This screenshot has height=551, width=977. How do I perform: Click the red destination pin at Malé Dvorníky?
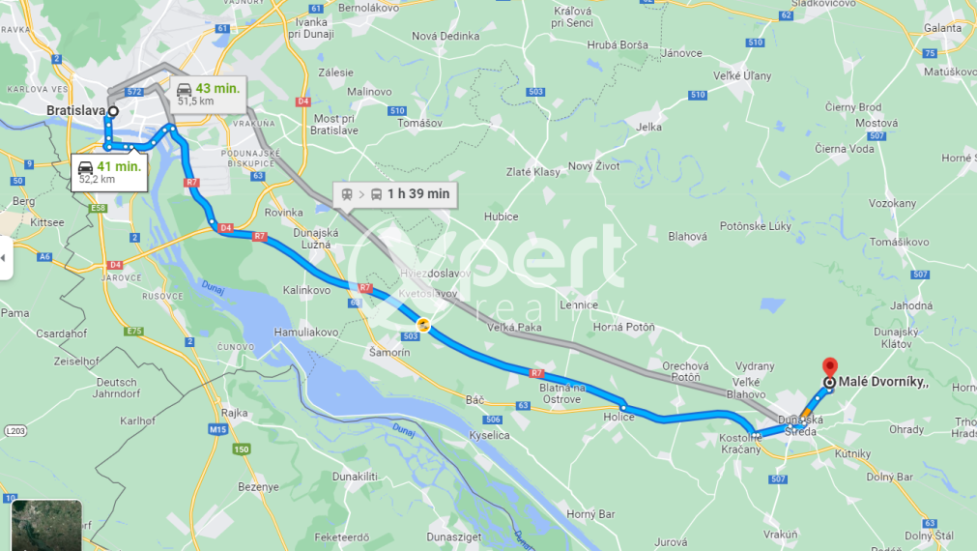click(828, 367)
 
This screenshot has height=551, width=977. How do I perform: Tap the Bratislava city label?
click(75, 111)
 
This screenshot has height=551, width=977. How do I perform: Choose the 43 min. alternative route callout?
click(208, 93)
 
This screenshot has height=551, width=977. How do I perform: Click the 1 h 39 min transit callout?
click(395, 194)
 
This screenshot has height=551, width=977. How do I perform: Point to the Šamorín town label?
click(389, 353)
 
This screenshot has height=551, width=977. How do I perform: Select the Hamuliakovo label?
click(307, 332)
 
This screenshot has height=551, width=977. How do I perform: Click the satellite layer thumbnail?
click(46, 525)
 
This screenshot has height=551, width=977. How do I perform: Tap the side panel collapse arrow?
click(6, 258)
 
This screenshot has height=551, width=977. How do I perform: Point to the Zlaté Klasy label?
click(532, 172)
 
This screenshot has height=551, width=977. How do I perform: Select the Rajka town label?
click(235, 413)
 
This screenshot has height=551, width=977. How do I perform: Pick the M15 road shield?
click(216, 428)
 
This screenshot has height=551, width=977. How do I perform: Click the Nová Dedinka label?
click(445, 37)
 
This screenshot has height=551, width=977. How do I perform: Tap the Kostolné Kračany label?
click(741, 444)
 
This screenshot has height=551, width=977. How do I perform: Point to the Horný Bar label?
click(590, 514)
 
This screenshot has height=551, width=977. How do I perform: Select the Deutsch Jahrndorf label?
click(117, 388)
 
